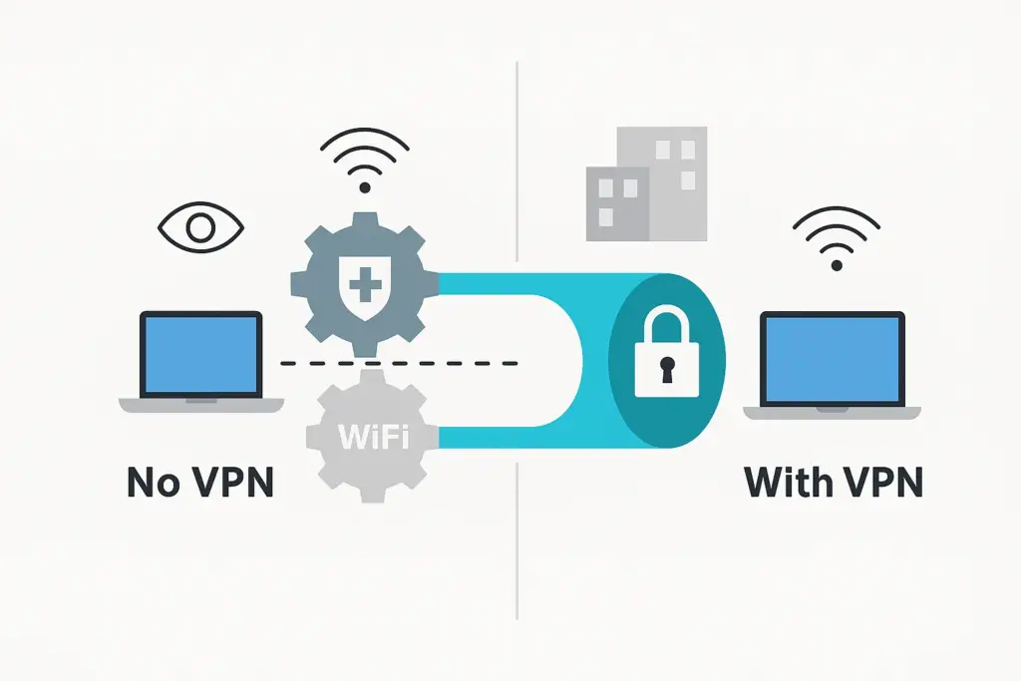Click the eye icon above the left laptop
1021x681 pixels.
point(200,228)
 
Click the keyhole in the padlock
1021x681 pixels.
point(666,369)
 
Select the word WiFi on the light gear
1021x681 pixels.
point(374,436)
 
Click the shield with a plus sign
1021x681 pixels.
point(365,287)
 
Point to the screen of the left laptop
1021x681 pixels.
point(201,355)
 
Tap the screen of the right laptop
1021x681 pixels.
point(833,360)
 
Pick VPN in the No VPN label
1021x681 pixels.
point(231,483)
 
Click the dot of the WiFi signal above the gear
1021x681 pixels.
point(365,187)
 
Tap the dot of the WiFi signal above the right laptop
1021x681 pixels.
point(837,265)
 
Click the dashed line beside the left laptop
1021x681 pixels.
point(399,363)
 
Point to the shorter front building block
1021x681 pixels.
point(617,203)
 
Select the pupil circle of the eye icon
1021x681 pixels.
point(200,228)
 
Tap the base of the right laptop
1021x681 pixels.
point(833,413)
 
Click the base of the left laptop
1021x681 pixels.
point(201,404)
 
